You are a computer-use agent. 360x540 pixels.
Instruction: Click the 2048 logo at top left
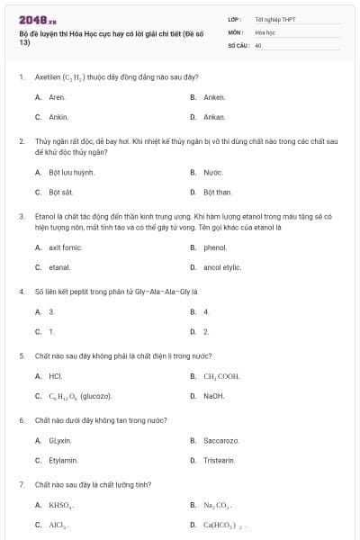click(31, 19)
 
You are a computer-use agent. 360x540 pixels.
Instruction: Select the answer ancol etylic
click(221, 267)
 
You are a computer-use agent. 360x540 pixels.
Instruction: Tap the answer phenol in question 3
click(215, 247)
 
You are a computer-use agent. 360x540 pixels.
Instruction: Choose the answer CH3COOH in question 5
click(220, 376)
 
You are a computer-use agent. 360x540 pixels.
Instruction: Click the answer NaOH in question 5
click(214, 396)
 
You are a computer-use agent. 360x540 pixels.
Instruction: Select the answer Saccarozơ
click(220, 440)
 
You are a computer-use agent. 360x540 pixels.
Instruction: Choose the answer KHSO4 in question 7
click(59, 505)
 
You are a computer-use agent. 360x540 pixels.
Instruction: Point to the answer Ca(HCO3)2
click(224, 525)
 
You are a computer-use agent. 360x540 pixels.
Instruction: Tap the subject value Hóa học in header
click(265, 31)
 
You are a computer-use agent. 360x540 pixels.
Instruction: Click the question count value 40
click(258, 44)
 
